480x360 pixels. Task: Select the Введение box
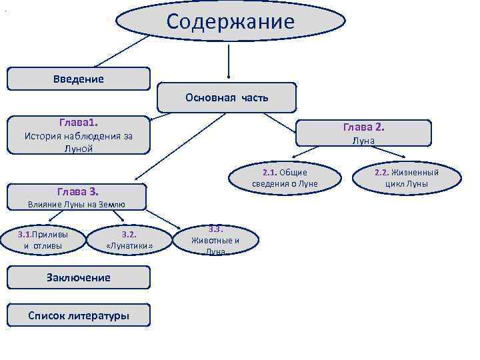(x=79, y=79)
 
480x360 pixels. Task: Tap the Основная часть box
(x=227, y=97)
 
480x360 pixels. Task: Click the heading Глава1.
(x=78, y=123)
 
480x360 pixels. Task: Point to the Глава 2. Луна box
(x=363, y=133)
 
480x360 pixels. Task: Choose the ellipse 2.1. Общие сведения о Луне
(x=285, y=178)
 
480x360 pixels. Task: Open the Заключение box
(x=79, y=277)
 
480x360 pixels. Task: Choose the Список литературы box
(x=79, y=315)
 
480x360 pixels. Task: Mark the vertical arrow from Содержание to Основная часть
(x=229, y=64)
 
